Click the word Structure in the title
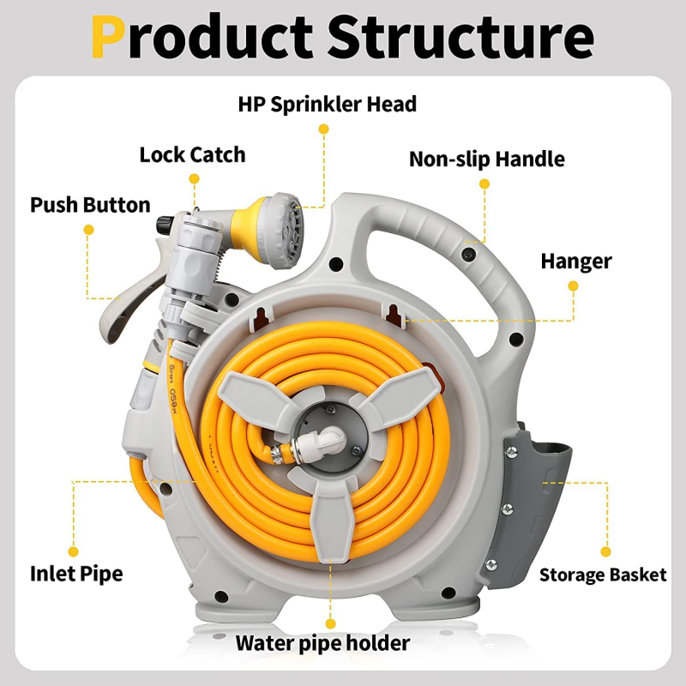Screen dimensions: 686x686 tap(460, 36)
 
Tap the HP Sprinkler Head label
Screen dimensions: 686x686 tap(327, 105)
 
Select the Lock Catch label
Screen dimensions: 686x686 tap(192, 155)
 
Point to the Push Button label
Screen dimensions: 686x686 tap(90, 206)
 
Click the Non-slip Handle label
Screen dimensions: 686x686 tap(486, 159)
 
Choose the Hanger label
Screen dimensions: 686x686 tap(575, 262)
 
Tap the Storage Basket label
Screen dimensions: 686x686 tap(602, 575)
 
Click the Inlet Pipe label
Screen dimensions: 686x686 tap(76, 574)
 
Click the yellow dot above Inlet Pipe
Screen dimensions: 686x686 tap(74, 551)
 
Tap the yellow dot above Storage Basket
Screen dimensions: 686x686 tap(605, 551)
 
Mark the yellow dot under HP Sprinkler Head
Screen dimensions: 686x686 tap(323, 129)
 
